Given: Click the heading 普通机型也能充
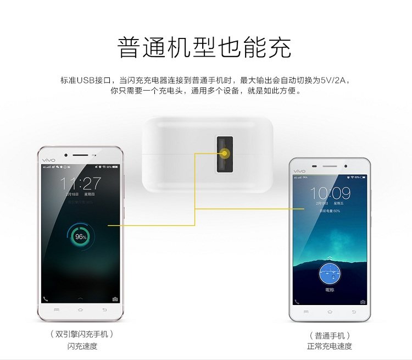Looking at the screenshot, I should point(204,48).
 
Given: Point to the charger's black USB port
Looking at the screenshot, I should point(225,153).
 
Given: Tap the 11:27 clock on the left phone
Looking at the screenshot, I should point(81,184).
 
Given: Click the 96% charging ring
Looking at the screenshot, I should point(81,236).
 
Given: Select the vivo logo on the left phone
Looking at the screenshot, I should point(49,156).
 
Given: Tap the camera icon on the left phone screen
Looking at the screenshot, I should point(115,299).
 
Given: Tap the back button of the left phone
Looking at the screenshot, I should point(105,311).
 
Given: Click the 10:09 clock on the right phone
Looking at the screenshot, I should point(330,193).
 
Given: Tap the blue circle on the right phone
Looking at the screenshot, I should point(330,273).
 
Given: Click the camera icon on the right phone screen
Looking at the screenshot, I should point(363,302).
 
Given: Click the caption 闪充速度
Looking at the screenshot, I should point(82,346).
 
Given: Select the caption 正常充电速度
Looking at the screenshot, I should point(330,346).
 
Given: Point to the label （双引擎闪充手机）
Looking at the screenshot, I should point(82,334).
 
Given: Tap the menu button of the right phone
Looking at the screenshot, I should point(307,312).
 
